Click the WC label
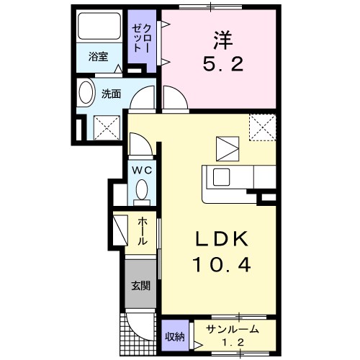(x=140, y=170)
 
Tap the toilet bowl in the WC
(x=141, y=191)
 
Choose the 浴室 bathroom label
(x=98, y=57)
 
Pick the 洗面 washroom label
(x=110, y=94)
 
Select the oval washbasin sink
(x=86, y=94)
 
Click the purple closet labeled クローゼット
(x=138, y=37)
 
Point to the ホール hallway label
(x=143, y=232)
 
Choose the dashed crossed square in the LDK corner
(x=262, y=127)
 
